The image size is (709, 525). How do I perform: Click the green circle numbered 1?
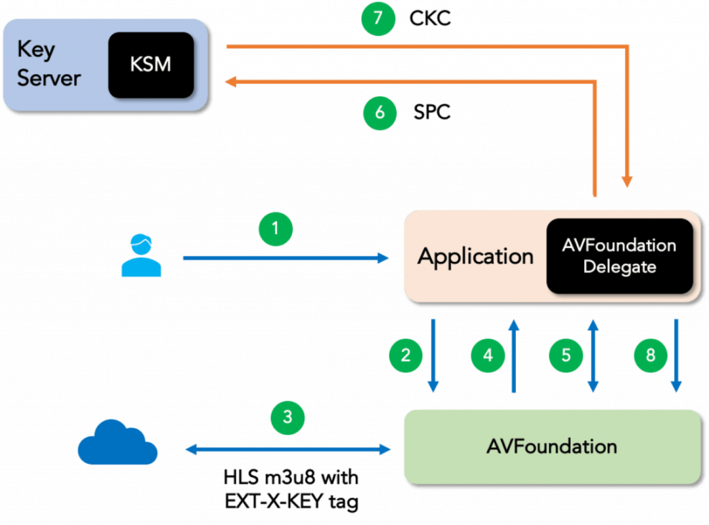[x=275, y=228]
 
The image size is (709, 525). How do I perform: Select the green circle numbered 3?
[x=288, y=417]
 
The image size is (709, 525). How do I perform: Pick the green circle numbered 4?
[x=488, y=355]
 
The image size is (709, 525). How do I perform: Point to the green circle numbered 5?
[x=567, y=355]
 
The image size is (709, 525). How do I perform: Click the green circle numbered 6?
[x=380, y=113]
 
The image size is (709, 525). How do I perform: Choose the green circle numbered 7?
[x=378, y=18]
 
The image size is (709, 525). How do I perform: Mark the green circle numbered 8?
[x=651, y=355]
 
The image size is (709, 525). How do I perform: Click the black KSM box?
[x=151, y=65]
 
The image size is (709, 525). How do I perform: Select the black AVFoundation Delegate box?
[x=619, y=256]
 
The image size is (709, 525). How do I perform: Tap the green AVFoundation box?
[x=551, y=446]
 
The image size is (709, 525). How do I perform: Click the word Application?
[x=475, y=256]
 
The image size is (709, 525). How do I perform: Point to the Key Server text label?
[x=48, y=64]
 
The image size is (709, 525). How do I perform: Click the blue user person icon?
[x=140, y=256]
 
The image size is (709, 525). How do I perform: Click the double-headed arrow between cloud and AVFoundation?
[x=288, y=450]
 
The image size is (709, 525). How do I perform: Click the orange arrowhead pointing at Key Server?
[x=230, y=81]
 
